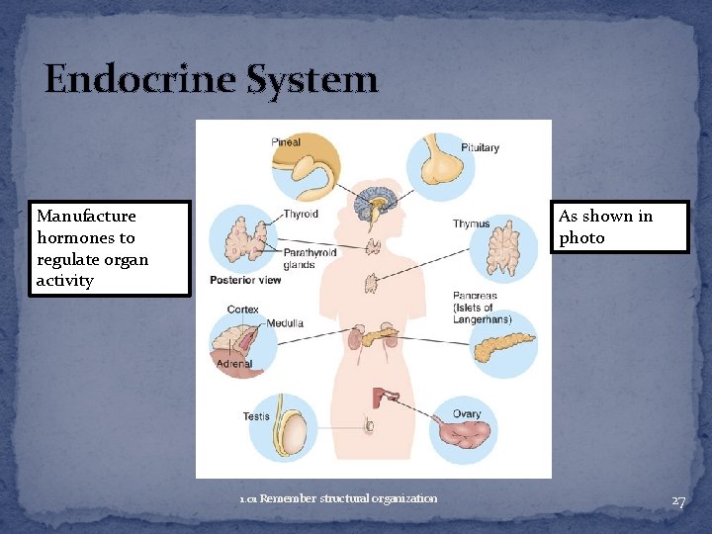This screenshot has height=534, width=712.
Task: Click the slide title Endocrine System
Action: (x=211, y=79)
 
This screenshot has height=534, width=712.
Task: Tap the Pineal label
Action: (x=286, y=142)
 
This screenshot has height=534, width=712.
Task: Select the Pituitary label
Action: (x=481, y=148)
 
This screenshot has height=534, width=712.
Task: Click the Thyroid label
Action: (x=301, y=214)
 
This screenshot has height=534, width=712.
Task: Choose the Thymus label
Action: (x=472, y=224)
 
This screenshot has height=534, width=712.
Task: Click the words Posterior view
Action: (x=245, y=280)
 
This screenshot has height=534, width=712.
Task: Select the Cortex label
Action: (x=242, y=310)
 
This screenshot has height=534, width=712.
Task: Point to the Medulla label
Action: (x=285, y=323)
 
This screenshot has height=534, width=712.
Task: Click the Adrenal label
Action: (x=234, y=364)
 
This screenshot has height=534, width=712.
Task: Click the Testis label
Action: (x=256, y=416)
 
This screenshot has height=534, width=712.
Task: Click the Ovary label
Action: (x=467, y=414)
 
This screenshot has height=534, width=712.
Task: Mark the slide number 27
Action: (x=678, y=501)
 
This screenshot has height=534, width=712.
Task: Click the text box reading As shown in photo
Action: (x=619, y=227)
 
